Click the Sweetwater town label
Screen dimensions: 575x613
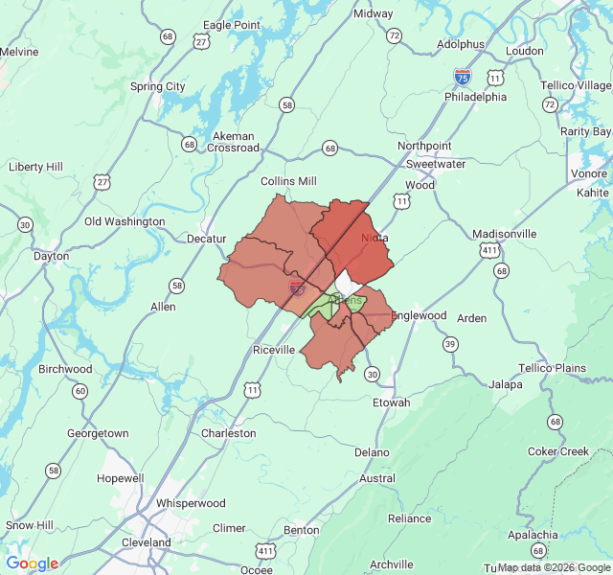(436, 164)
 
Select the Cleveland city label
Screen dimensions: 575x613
(148, 542)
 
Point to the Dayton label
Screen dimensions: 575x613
(51, 256)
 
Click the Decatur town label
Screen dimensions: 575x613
(206, 239)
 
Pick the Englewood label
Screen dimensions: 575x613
(419, 315)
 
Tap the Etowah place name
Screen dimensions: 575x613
(391, 402)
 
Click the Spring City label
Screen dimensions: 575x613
(158, 86)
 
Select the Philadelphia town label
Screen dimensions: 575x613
(475, 97)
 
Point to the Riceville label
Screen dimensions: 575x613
(274, 350)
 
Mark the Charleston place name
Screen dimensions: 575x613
(228, 433)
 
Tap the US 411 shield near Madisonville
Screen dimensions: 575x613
(490, 250)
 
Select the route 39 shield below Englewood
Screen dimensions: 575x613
(450, 344)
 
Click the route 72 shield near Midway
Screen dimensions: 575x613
(395, 35)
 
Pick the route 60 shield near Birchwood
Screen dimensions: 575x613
(79, 390)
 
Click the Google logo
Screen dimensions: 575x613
(32, 563)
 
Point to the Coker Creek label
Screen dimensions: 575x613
(560, 451)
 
